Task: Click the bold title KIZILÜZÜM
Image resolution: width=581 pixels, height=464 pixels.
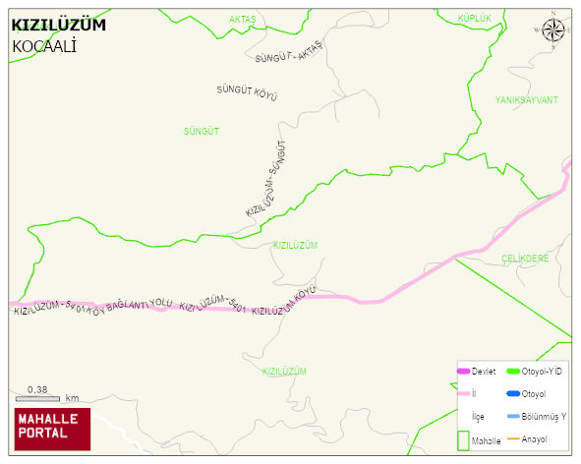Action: (58, 25)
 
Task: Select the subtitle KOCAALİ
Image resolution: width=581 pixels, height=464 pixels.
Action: (44, 46)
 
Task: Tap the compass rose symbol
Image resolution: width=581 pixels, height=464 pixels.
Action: (553, 31)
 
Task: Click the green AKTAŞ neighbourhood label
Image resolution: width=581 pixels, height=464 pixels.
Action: (242, 19)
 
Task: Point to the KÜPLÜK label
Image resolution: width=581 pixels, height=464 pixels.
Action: (474, 18)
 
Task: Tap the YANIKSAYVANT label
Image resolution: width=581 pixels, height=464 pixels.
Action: (526, 100)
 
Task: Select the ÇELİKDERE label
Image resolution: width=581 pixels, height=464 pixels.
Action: (524, 258)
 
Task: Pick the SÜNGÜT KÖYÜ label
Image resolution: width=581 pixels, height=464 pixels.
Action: (247, 92)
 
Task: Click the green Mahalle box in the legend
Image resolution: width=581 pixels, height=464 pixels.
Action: (464, 440)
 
